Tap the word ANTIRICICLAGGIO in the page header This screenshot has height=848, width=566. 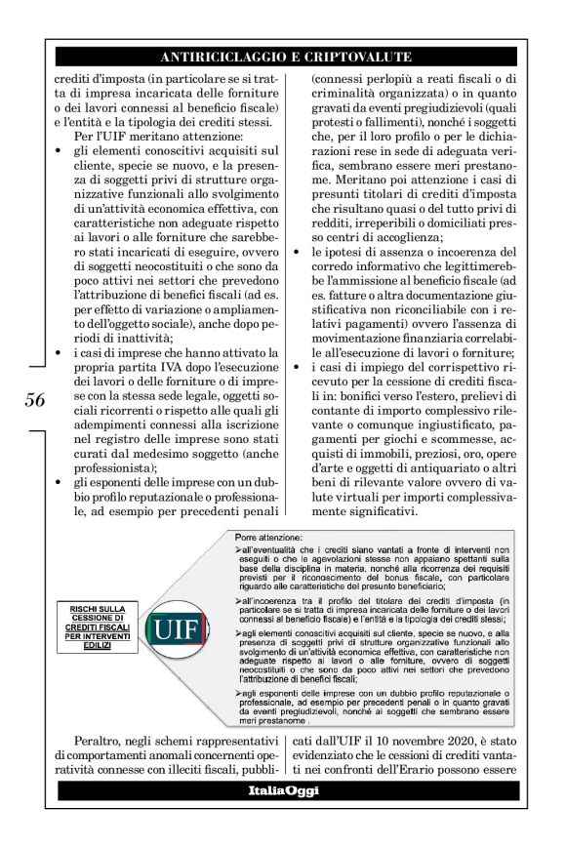click(216, 56)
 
